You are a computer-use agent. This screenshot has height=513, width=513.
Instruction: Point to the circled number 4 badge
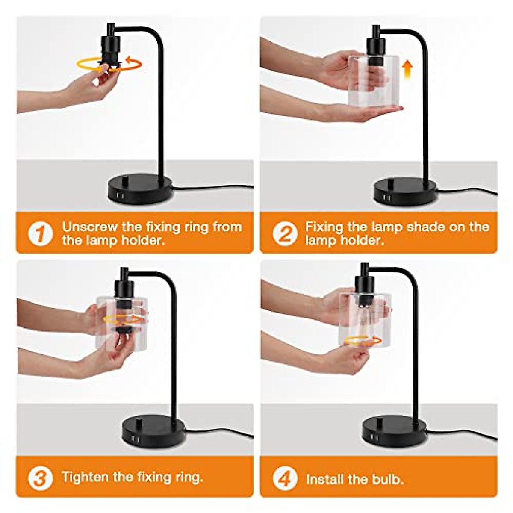click(284, 479)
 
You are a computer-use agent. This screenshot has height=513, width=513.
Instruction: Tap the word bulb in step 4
click(387, 479)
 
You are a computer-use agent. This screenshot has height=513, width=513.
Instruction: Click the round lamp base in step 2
click(405, 191)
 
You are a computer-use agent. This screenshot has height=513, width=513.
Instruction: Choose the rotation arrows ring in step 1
click(109, 64)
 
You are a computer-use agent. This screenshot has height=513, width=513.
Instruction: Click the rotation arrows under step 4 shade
click(363, 340)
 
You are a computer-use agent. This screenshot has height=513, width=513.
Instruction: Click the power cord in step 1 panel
click(214, 188)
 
